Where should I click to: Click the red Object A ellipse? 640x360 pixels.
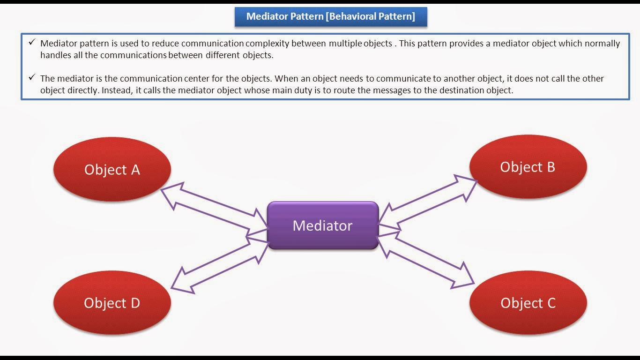click(112, 169)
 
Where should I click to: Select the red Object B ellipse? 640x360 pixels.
click(528, 167)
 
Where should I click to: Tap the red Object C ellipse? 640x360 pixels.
click(528, 303)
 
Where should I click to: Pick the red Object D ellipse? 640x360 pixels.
click(112, 303)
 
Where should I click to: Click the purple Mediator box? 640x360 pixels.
click(322, 225)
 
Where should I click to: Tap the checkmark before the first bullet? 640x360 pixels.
click(32, 43)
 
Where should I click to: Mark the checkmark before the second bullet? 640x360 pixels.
click(32, 77)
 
